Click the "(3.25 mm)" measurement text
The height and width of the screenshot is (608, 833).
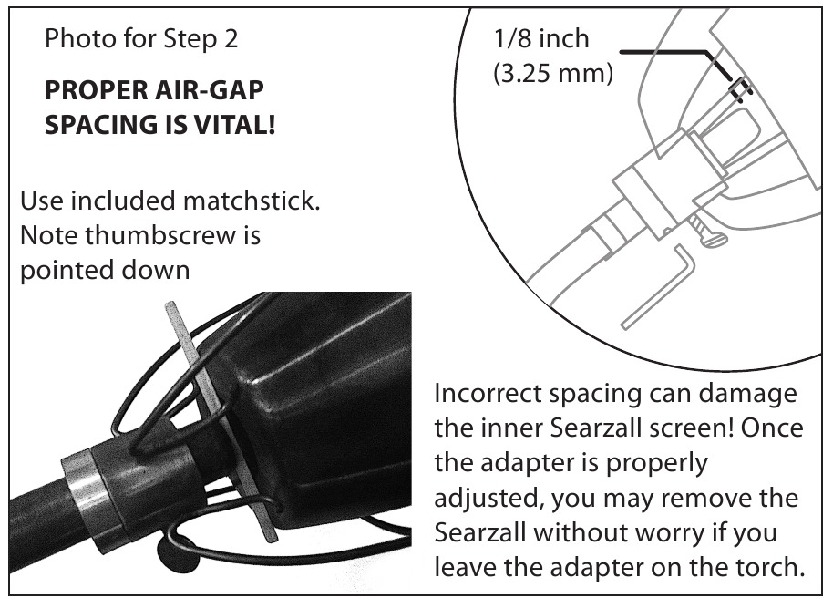click(x=553, y=73)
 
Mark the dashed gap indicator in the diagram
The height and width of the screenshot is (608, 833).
click(x=740, y=88)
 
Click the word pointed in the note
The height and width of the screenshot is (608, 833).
click(x=65, y=271)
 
